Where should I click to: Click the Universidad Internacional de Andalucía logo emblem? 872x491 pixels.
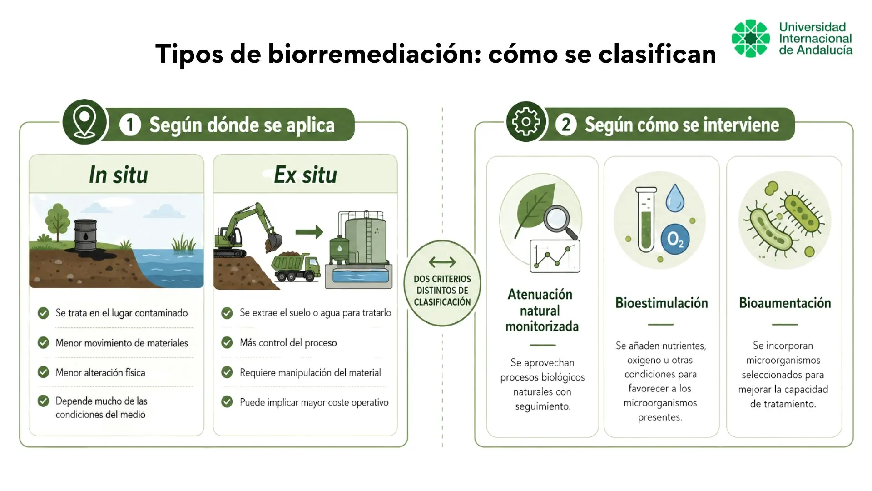pos(751,38)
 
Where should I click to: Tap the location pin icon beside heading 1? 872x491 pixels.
pos(84,122)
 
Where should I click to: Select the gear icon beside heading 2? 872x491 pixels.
pos(526,122)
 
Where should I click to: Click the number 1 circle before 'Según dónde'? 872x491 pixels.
pos(130,125)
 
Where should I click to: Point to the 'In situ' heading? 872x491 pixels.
pos(119,175)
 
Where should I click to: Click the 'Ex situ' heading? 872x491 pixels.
pos(305,175)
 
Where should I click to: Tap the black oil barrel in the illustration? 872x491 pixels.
pos(85,235)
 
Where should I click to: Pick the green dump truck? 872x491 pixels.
pos(295,268)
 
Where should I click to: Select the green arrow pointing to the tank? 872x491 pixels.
pos(309,232)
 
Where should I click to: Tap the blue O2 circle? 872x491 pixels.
pos(675,239)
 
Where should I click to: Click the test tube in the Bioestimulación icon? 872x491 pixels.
pos(646,220)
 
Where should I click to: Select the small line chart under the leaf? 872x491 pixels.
pos(555,256)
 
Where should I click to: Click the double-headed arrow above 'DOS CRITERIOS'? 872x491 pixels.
pos(442,262)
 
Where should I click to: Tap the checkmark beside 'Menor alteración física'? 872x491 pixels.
pos(44,372)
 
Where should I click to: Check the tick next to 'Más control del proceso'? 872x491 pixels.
pos(227,342)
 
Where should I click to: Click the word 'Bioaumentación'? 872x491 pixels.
pos(785,303)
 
